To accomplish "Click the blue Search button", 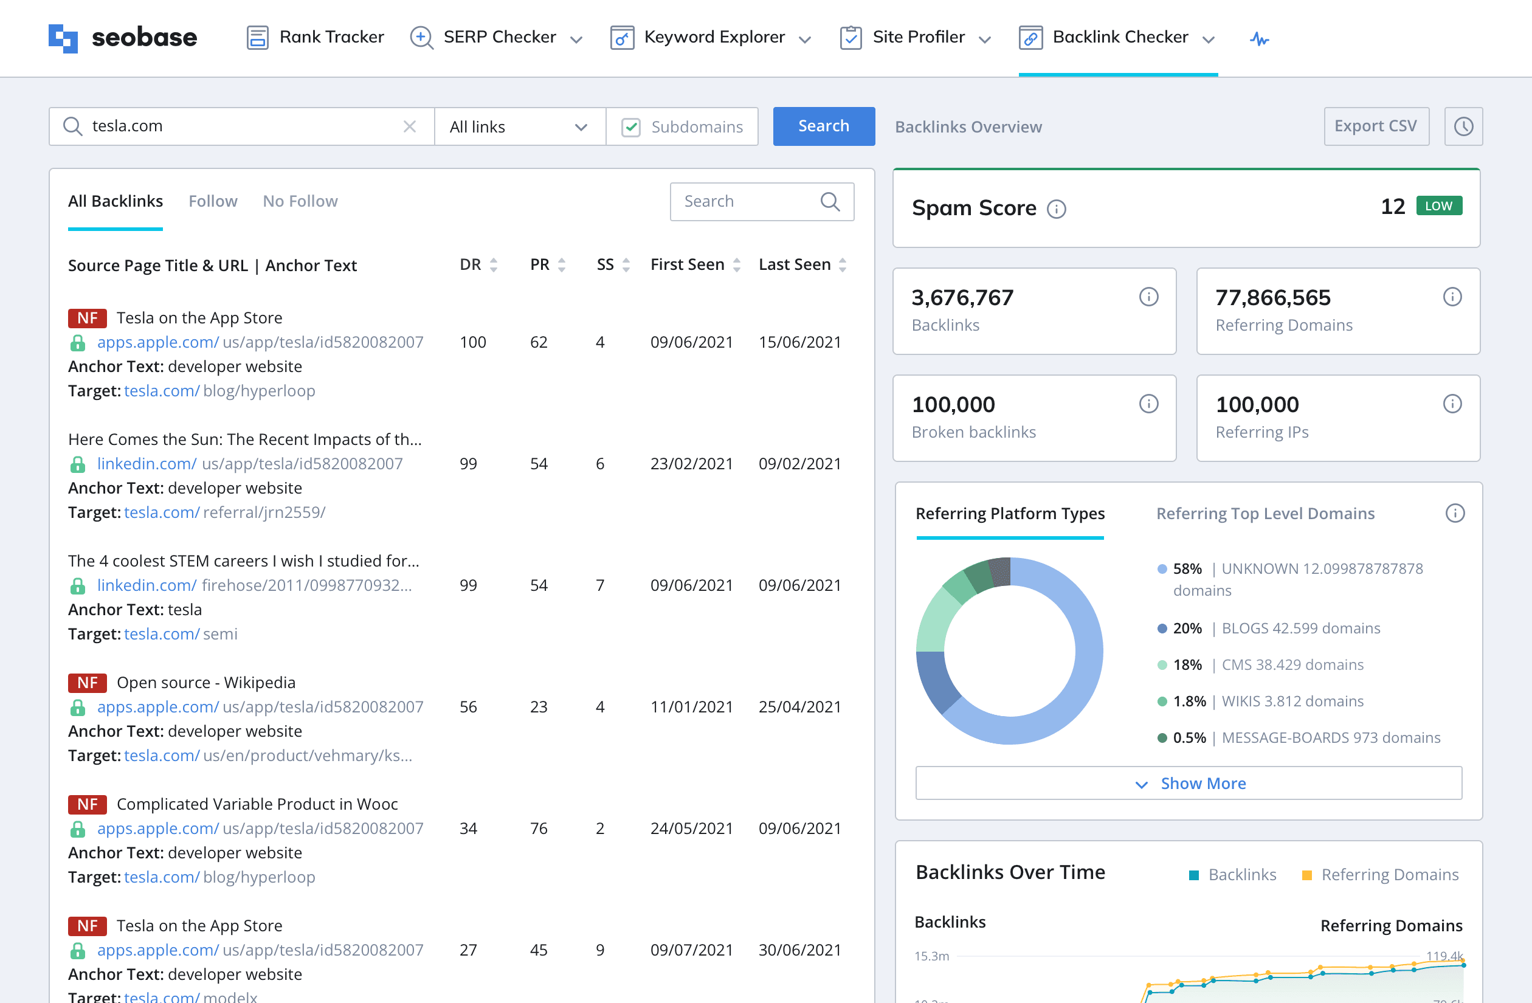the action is click(823, 126).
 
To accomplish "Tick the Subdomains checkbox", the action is click(631, 127).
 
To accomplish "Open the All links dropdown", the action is click(519, 127).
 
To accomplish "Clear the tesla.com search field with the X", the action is click(409, 126).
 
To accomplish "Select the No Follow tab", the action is click(300, 201).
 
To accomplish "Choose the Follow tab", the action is click(213, 201).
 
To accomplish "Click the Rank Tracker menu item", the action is click(316, 37).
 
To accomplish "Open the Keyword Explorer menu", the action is click(711, 37).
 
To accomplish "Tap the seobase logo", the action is click(123, 38).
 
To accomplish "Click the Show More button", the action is click(1189, 783).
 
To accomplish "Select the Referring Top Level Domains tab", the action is click(1266, 514).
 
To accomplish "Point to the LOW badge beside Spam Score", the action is click(1440, 206).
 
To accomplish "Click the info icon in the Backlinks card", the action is click(1148, 297).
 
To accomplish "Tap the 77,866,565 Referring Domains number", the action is click(1272, 297).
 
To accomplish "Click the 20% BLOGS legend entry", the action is click(1268, 629).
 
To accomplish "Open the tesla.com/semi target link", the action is click(181, 634).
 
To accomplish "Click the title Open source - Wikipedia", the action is click(206, 683).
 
